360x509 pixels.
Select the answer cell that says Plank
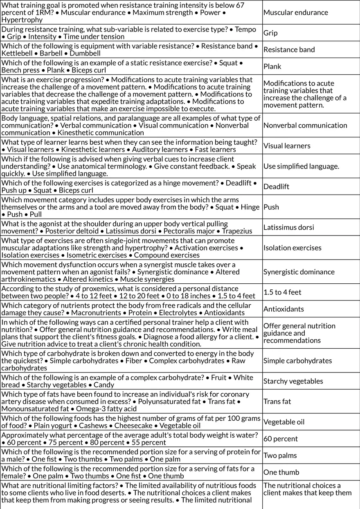(272, 67)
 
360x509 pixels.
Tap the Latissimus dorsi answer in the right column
(288, 227)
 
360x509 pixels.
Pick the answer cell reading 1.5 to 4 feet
(282, 292)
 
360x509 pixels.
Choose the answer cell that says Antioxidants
(283, 309)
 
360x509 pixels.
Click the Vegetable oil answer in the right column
(284, 422)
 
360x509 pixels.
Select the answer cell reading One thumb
(281, 472)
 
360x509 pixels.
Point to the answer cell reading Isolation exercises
(292, 248)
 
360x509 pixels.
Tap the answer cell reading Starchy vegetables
(293, 381)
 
